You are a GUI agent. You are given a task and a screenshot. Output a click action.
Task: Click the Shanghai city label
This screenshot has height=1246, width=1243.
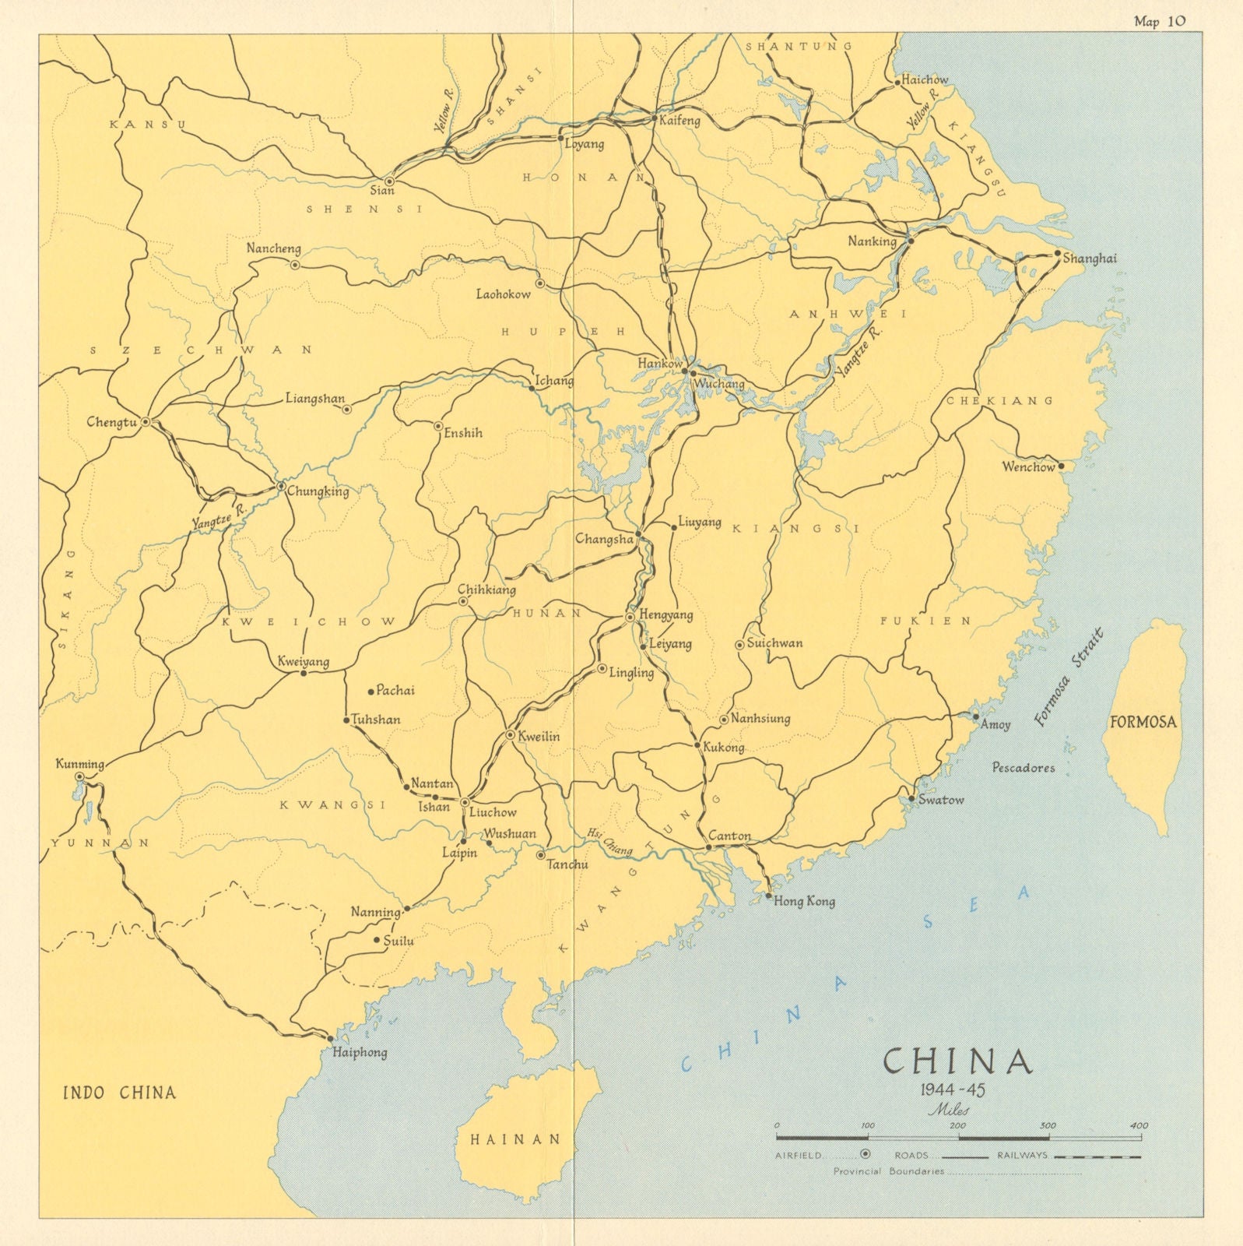click(1090, 259)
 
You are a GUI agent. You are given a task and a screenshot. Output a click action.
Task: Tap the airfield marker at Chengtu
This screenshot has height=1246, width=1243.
click(146, 421)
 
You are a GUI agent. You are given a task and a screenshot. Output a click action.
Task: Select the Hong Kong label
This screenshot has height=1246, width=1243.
click(804, 901)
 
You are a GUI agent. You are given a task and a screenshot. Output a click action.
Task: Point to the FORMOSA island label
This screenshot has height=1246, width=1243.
click(1143, 722)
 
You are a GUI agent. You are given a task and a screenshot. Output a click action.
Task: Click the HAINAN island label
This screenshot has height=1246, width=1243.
click(515, 1139)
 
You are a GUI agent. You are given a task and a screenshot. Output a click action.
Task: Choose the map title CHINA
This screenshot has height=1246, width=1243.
click(958, 1061)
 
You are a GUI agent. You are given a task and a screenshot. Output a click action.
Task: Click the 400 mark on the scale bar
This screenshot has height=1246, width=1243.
click(1139, 1125)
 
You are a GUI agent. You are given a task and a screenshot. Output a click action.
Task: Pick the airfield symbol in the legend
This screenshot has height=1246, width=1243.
click(865, 1155)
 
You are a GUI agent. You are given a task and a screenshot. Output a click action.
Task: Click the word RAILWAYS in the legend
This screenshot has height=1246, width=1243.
click(1022, 1155)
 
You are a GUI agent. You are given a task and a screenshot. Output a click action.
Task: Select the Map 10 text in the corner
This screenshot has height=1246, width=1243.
click(1159, 21)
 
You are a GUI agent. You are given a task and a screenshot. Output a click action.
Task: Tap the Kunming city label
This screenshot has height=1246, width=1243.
click(79, 763)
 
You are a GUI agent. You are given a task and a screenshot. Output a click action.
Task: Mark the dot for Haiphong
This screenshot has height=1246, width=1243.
click(330, 1039)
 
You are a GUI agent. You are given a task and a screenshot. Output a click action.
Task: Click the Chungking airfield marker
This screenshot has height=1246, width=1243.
click(281, 487)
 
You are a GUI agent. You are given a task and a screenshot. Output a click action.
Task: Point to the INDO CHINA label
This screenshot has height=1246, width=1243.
click(119, 1092)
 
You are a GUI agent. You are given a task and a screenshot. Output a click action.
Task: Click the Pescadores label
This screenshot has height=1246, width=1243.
click(1023, 767)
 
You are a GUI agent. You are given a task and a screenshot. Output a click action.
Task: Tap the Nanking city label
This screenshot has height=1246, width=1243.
click(872, 241)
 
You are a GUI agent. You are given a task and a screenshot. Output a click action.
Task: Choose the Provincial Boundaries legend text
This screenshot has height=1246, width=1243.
click(888, 1170)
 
